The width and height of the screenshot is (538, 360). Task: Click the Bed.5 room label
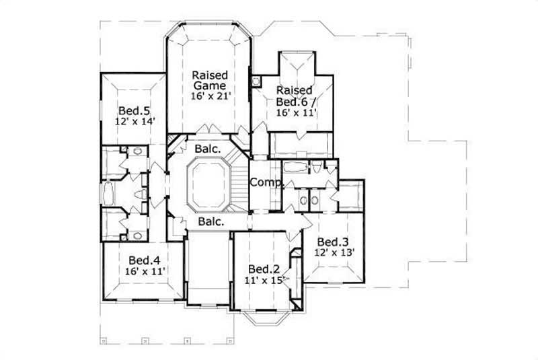(132, 111)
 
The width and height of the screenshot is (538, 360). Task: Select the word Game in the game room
(208, 85)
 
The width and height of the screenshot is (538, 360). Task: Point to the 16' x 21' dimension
(209, 96)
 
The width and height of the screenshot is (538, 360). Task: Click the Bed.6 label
(293, 101)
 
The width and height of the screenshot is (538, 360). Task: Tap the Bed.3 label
(332, 242)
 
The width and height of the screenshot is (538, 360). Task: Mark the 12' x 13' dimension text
(334, 253)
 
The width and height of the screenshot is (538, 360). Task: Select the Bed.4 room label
(143, 260)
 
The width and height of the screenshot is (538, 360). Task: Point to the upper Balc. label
(206, 148)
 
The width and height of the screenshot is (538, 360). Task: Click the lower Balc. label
(210, 221)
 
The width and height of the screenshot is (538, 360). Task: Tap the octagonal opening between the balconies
(208, 184)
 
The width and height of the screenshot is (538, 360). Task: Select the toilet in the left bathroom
(141, 194)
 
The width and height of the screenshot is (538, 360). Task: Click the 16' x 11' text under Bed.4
(145, 271)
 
